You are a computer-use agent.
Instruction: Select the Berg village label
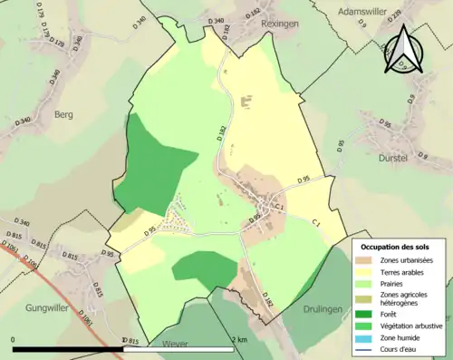63,115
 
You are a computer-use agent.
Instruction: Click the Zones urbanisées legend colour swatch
368,260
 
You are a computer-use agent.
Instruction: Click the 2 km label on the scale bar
239,339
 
